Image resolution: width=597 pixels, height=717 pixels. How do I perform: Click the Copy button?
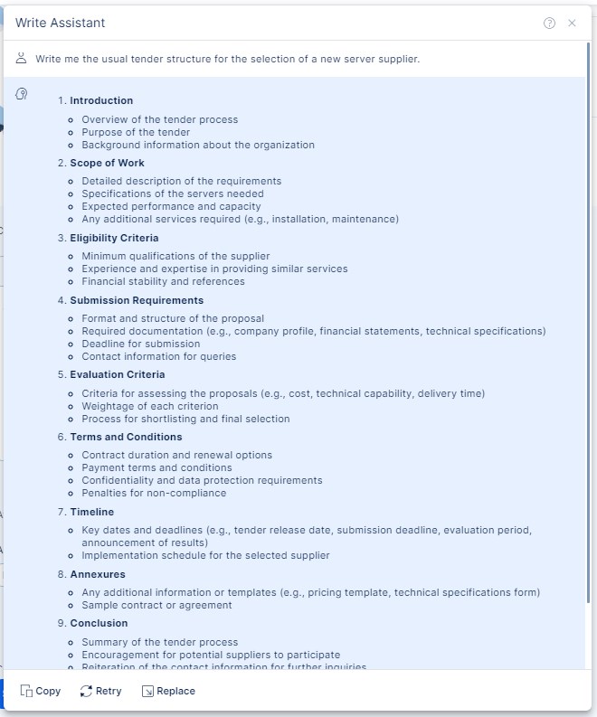click(41, 691)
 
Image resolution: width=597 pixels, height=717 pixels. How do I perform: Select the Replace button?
click(168, 691)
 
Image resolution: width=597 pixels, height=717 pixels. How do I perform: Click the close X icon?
click(572, 24)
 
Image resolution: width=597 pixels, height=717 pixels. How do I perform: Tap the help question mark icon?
click(549, 24)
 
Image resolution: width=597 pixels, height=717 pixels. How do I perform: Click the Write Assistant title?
click(60, 23)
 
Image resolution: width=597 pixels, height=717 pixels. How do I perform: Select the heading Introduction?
click(101, 100)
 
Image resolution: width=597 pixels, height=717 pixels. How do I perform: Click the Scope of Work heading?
click(107, 164)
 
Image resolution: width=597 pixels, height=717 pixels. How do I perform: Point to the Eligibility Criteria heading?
click(114, 239)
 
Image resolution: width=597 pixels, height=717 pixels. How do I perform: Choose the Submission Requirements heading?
click(137, 300)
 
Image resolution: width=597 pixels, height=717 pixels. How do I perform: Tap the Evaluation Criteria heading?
click(118, 374)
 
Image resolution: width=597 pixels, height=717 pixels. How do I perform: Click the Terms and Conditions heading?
click(126, 437)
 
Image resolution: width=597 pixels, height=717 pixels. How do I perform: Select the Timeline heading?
click(92, 512)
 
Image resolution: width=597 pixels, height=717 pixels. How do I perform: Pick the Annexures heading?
click(98, 574)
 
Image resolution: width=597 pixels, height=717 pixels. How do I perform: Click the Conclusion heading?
click(99, 623)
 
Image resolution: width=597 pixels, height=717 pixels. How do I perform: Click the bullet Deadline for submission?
click(140, 344)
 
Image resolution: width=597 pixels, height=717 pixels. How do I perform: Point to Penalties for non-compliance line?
click(154, 493)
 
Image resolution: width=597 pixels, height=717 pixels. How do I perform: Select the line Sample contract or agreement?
click(156, 605)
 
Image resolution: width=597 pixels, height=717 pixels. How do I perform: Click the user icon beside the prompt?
click(22, 59)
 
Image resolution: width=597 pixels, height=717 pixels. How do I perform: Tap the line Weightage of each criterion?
click(149, 406)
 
